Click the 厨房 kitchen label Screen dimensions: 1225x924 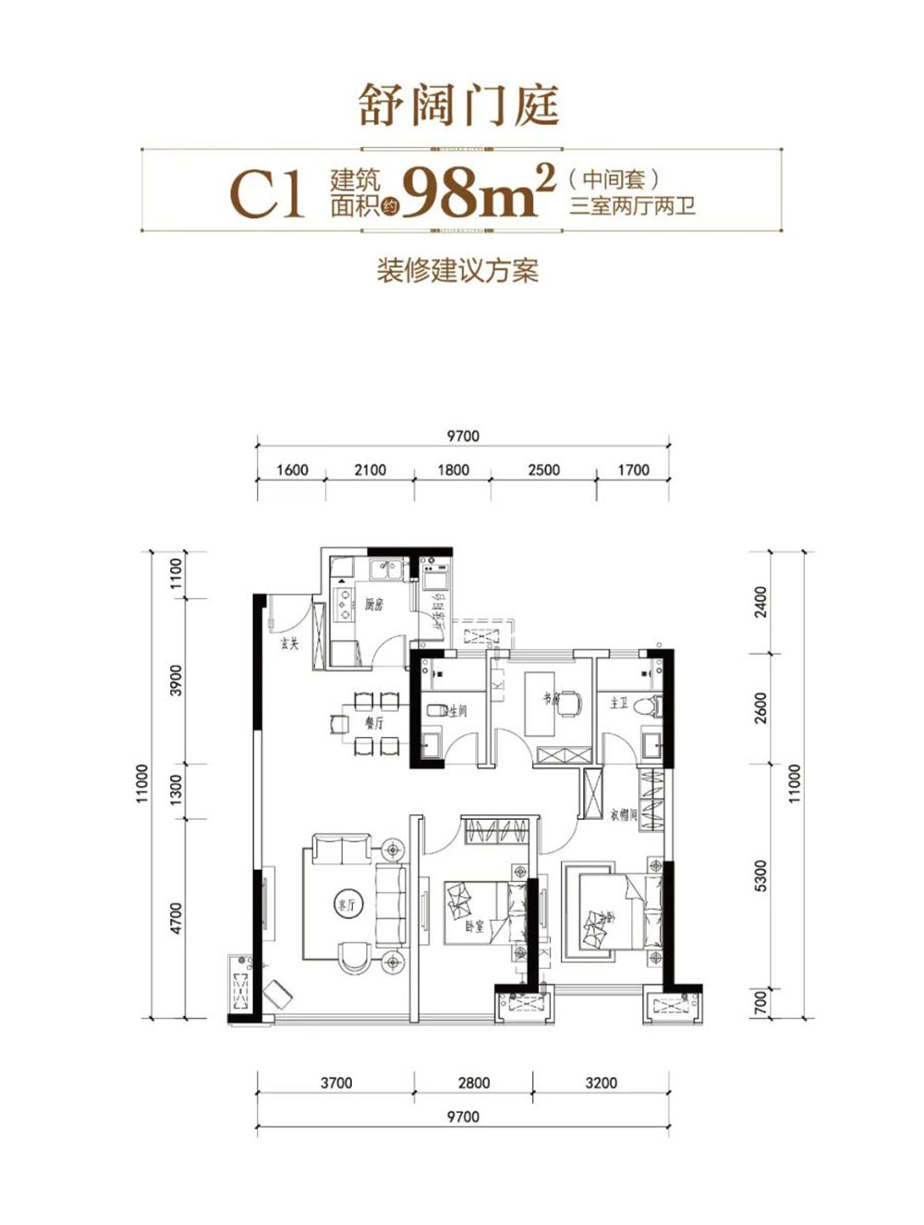click(373, 606)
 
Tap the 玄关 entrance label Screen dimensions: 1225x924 click(290, 643)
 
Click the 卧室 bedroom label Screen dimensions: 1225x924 click(474, 925)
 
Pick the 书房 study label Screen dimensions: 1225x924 click(551, 700)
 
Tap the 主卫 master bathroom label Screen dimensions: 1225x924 click(619, 704)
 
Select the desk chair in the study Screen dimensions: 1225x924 click(571, 703)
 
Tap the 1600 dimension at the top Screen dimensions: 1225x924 click(292, 470)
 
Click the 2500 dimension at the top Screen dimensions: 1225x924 click(543, 470)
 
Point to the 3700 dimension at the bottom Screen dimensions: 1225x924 click(336, 1083)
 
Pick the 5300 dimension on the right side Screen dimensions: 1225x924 click(761, 875)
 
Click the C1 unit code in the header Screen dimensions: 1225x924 click(267, 194)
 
